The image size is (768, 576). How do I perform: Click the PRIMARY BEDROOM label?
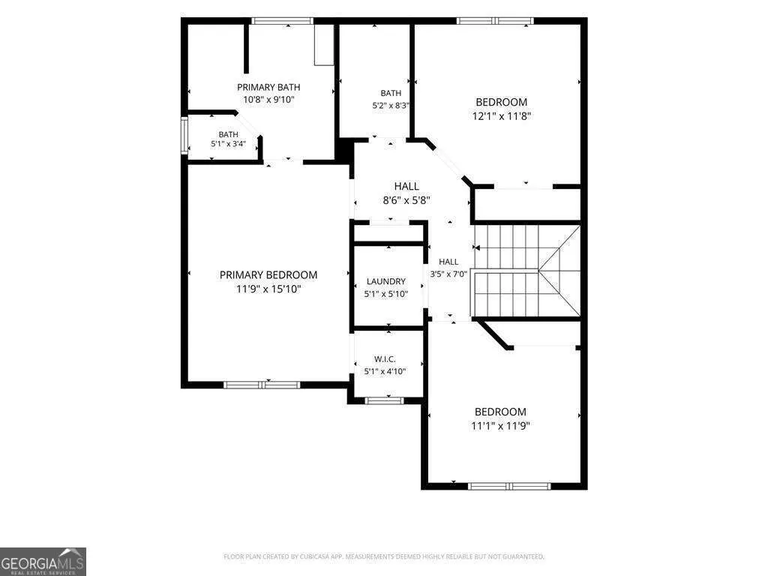(x=268, y=274)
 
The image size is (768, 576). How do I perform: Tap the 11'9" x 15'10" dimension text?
(x=268, y=289)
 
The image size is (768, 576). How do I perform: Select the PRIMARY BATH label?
(x=268, y=87)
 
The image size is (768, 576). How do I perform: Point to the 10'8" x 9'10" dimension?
(x=268, y=100)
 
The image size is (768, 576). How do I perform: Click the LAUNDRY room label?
(x=386, y=282)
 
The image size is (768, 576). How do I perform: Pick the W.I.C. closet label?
(x=385, y=359)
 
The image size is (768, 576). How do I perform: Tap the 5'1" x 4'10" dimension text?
(x=385, y=371)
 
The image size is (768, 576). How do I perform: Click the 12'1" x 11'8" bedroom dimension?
(x=502, y=116)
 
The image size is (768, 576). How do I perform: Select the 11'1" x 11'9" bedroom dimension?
(x=500, y=426)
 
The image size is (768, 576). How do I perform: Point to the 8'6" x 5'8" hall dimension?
(x=406, y=199)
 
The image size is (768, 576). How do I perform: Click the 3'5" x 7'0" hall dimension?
(x=448, y=274)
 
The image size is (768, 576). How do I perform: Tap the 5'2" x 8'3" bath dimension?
(x=391, y=105)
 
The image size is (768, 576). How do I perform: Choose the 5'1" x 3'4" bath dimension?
(x=228, y=144)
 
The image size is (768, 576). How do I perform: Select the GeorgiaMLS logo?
(x=43, y=561)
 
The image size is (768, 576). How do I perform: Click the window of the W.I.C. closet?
(x=385, y=400)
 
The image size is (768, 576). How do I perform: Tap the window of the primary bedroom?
(x=262, y=385)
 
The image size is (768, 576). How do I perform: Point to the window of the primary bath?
(x=282, y=20)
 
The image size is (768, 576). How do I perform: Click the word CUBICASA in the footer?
(x=321, y=556)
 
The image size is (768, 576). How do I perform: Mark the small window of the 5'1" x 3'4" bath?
(x=184, y=136)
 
